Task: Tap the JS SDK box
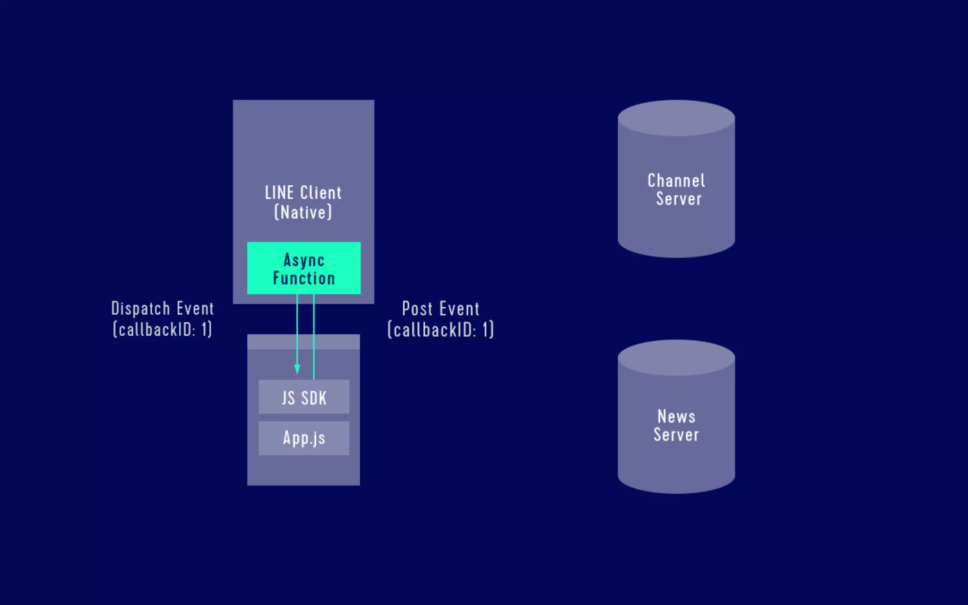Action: pos(304,397)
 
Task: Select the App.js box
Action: pos(304,438)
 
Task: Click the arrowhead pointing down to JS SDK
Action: pos(297,369)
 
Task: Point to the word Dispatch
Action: pos(140,309)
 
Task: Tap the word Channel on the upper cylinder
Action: pos(676,181)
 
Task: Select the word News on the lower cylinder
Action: pos(676,416)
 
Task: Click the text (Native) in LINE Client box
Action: pos(303,212)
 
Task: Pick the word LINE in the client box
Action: pos(279,193)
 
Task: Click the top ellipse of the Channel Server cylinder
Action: pos(676,118)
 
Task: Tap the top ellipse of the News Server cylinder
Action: pos(676,357)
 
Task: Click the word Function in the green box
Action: pos(304,278)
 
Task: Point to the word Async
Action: pos(304,260)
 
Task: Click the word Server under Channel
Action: pos(678,199)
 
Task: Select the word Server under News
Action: pos(676,435)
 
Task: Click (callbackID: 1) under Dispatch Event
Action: pos(162,329)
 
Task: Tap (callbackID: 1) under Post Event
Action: pos(441,330)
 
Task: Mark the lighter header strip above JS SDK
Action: pos(303,342)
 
